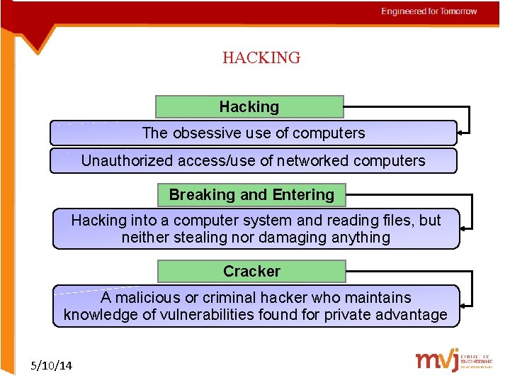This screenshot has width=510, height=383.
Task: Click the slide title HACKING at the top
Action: tap(261, 57)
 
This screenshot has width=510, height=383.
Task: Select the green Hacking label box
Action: tap(249, 107)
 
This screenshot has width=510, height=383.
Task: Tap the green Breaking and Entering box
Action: tap(251, 194)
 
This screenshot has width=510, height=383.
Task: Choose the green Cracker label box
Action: tap(251, 271)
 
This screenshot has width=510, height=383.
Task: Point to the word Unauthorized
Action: tap(127, 160)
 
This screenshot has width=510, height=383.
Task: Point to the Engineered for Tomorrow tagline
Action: tap(429, 11)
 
